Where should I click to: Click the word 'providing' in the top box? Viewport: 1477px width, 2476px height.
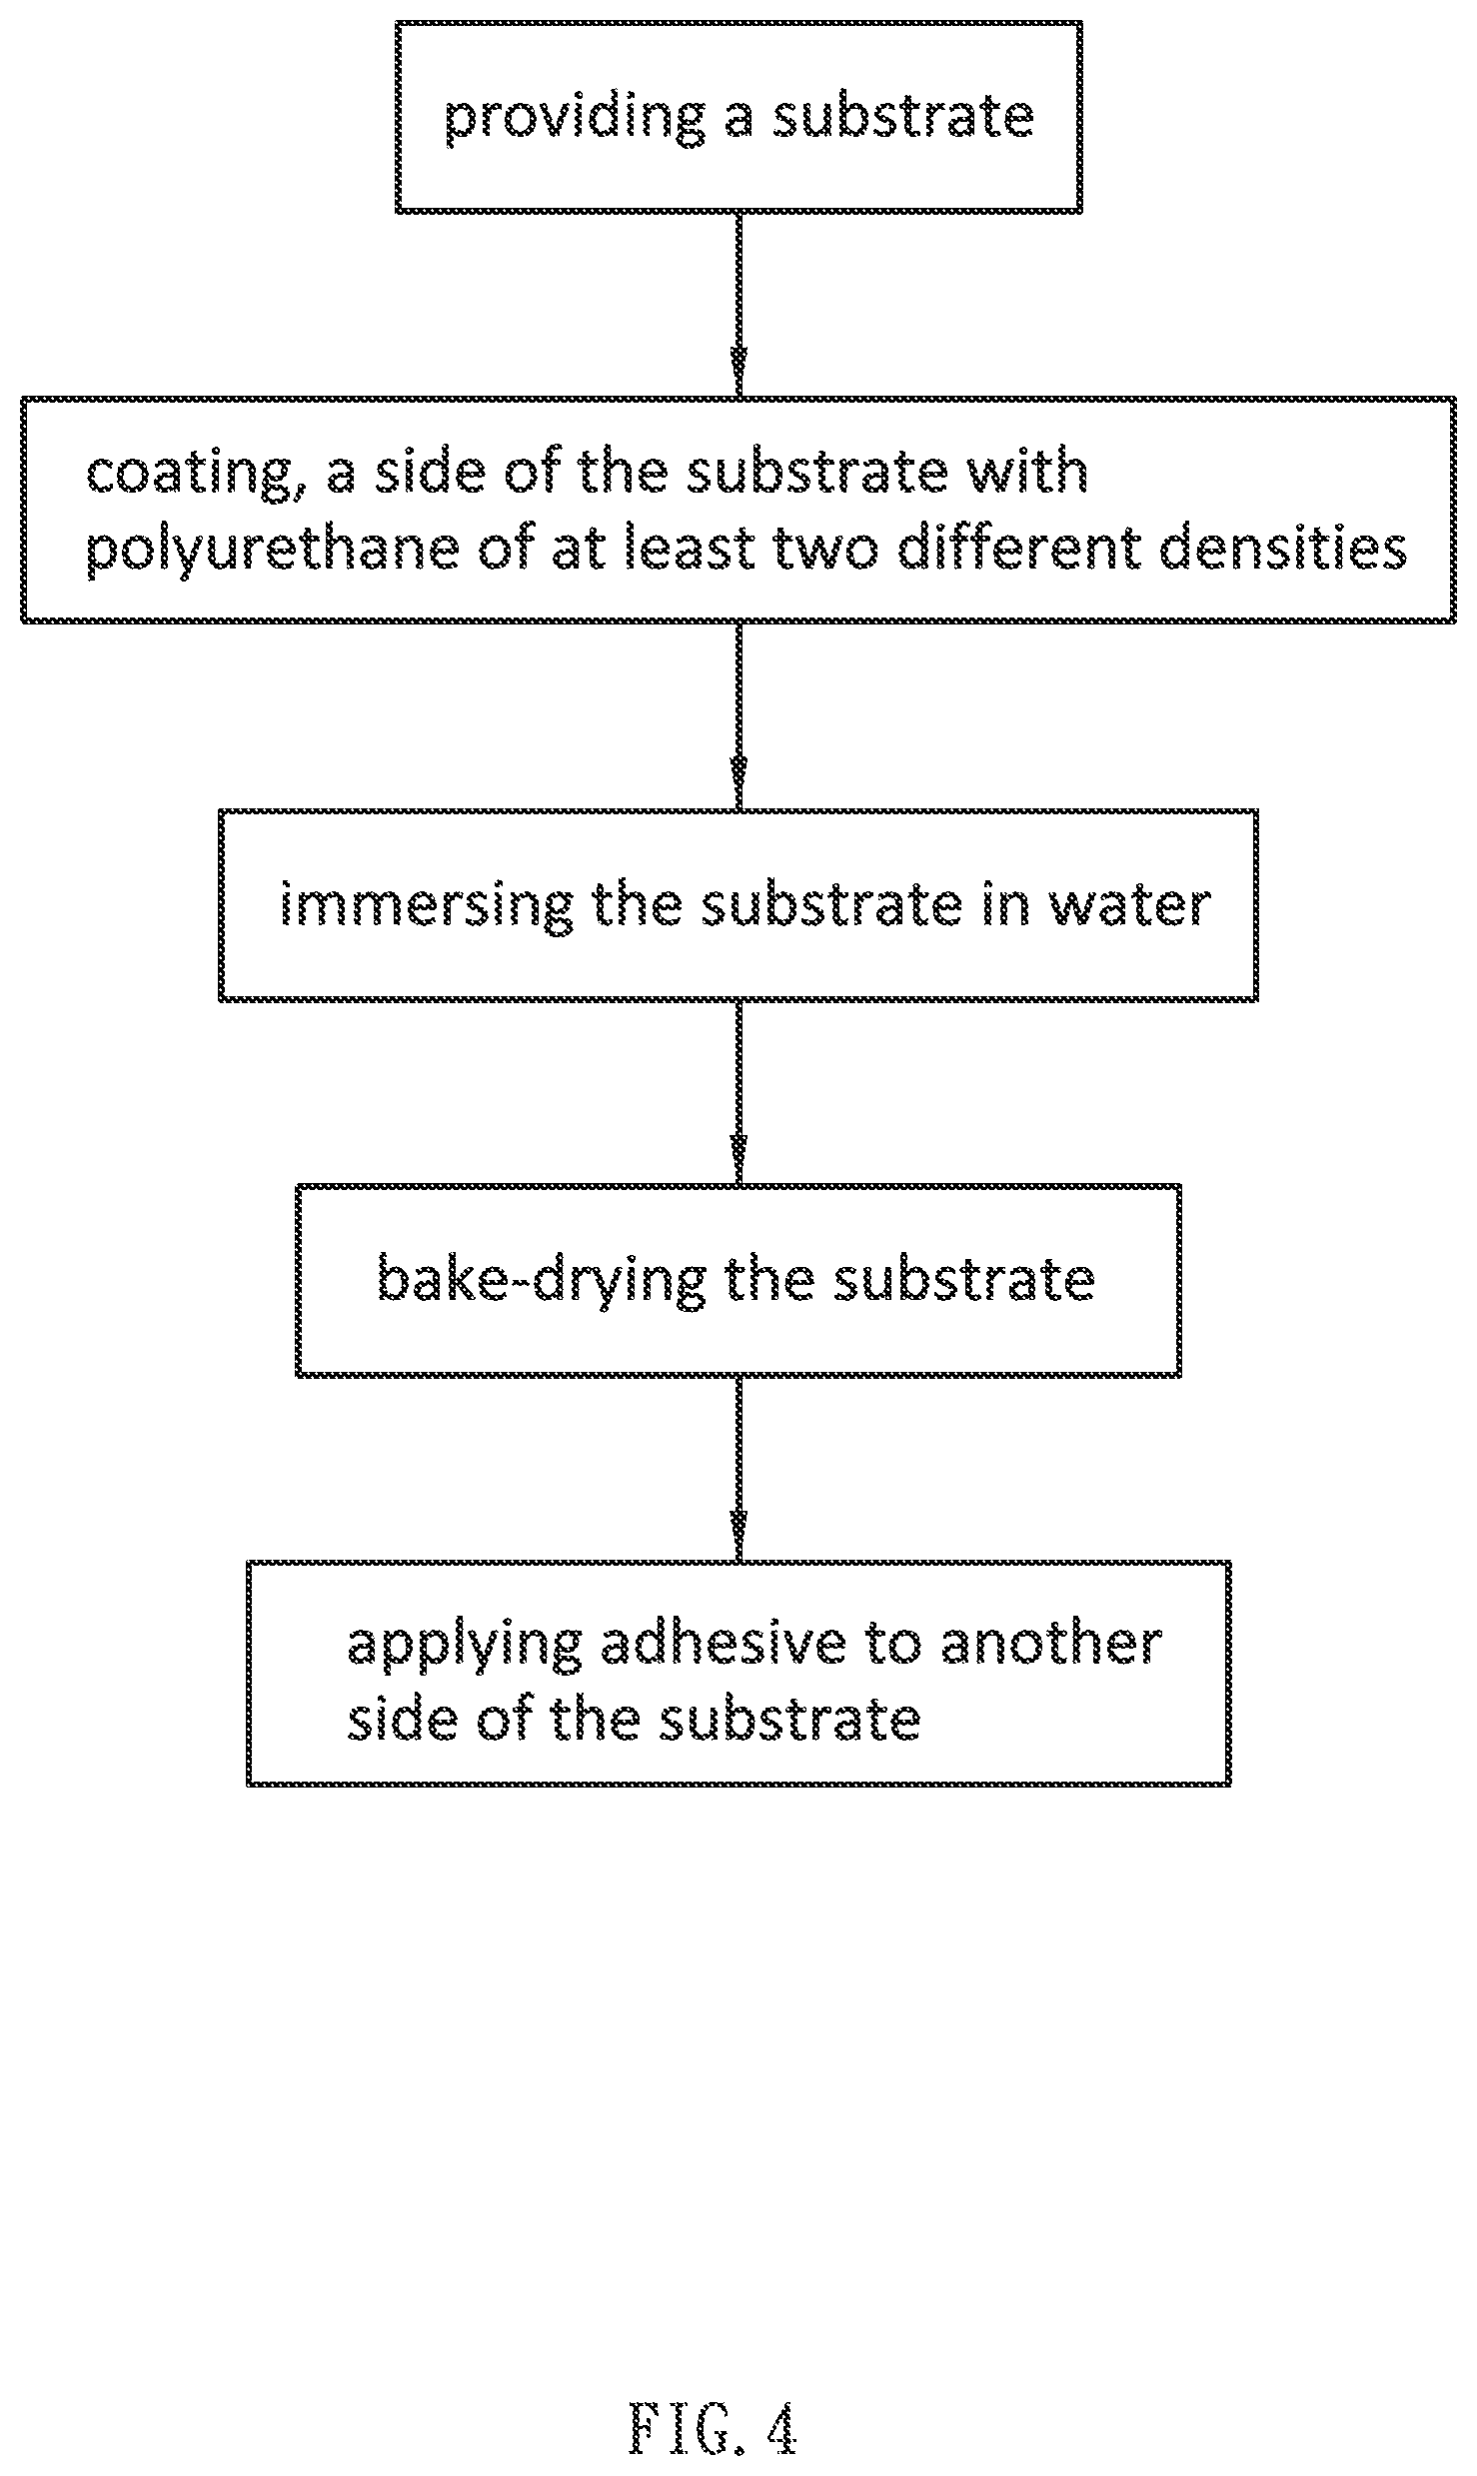(x=575, y=118)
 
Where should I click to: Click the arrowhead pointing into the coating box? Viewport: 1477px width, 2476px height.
(x=738, y=374)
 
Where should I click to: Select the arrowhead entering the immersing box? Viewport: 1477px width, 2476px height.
(x=738, y=786)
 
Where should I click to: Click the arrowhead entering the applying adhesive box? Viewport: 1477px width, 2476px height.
(x=738, y=1538)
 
